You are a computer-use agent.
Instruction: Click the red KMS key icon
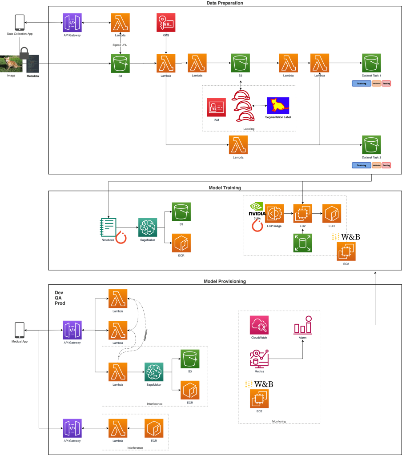pos(166,23)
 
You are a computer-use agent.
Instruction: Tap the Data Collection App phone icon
pos(20,22)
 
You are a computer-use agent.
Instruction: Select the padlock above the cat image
pos(24,54)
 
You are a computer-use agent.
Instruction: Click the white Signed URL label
pos(120,45)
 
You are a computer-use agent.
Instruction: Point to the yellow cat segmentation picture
pos(278,106)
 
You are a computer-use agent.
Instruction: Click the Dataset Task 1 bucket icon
pos(371,64)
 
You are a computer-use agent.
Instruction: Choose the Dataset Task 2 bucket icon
pos(371,145)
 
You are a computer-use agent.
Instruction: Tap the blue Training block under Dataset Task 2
pos(361,165)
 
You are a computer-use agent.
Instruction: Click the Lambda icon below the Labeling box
pos(238,145)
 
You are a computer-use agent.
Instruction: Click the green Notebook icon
pos(108,227)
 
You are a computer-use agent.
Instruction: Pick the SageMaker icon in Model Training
pos(148,227)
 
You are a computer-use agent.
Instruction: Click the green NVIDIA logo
pos(256,207)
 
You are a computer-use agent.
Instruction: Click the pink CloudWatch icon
pos(260,325)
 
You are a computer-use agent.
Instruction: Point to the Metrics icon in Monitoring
pos(259,358)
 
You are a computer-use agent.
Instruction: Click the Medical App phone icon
pos(20,330)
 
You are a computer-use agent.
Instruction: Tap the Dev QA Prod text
pos(60,298)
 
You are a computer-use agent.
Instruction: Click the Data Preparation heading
pos(225,3)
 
